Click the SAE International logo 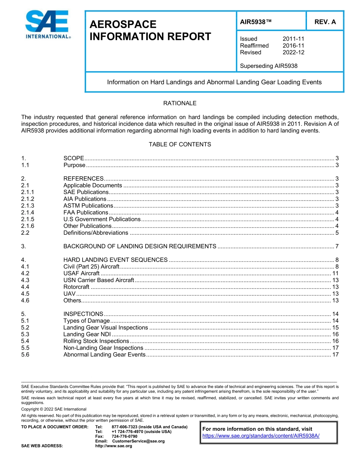click(x=47, y=25)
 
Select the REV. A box click(x=325, y=22)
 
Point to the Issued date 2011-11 click(x=293, y=39)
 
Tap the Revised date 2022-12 click(x=293, y=52)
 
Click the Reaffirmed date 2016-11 click(x=293, y=45)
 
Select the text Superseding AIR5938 click(x=269, y=66)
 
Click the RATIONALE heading click(x=180, y=103)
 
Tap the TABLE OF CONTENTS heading click(x=180, y=144)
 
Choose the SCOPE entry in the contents click(x=74, y=158)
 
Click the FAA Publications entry click(x=86, y=212)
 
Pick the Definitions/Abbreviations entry click(x=95, y=233)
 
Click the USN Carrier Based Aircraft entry click(x=99, y=280)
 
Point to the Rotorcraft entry click(x=76, y=287)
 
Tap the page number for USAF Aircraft click(x=335, y=273)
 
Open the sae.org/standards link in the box click(x=261, y=436)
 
